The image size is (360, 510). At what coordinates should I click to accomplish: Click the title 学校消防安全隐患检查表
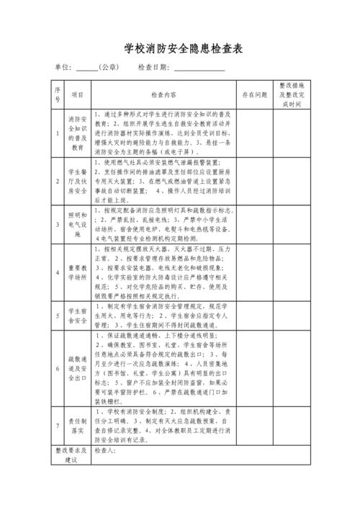(x=180, y=48)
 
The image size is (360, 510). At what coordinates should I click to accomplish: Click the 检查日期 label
(x=153, y=68)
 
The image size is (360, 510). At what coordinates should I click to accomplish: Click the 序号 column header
(x=58, y=94)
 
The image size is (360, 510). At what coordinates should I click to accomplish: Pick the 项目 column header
(x=78, y=94)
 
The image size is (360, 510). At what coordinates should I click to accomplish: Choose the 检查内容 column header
(x=163, y=94)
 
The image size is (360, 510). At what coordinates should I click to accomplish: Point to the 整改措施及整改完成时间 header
(x=291, y=94)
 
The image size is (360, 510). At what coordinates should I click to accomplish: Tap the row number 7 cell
(x=58, y=426)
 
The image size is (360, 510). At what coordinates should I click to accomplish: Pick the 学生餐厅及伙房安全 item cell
(x=78, y=181)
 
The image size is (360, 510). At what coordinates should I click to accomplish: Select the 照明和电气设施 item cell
(x=78, y=225)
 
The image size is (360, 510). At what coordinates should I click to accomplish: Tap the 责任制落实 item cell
(x=78, y=426)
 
